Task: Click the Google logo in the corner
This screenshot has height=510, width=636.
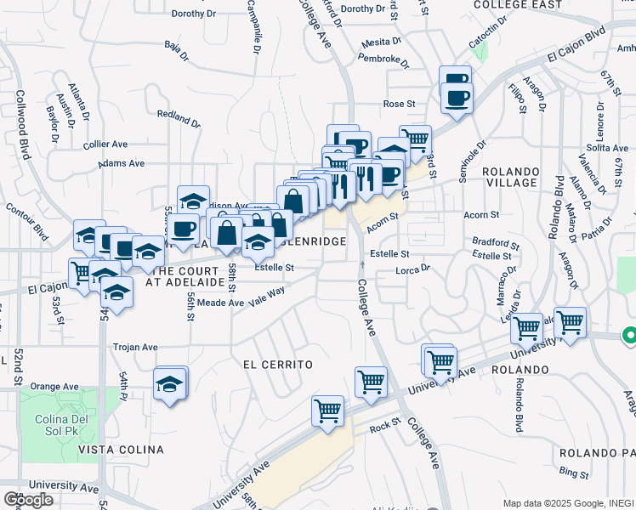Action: click(x=28, y=499)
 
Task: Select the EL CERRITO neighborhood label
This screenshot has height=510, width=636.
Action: click(x=277, y=364)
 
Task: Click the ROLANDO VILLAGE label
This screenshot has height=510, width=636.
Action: click(x=510, y=177)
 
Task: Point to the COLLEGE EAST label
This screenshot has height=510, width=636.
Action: click(x=518, y=5)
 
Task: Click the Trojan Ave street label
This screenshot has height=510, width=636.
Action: click(x=137, y=348)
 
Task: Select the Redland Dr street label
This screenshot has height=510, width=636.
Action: click(x=179, y=118)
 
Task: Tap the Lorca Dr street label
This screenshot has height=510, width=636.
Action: click(x=413, y=269)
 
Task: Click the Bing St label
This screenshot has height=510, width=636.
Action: click(x=575, y=473)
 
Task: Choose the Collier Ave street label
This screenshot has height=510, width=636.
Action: click(x=105, y=144)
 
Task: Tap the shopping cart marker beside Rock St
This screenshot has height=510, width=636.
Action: click(x=327, y=410)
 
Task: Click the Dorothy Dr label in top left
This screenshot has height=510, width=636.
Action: click(x=194, y=14)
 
